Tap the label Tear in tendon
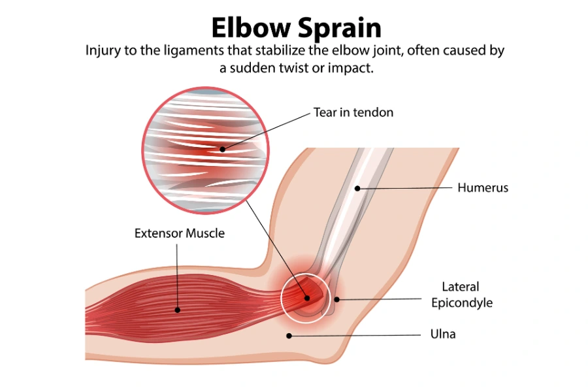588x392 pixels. tap(353, 112)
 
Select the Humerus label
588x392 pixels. tap(483, 188)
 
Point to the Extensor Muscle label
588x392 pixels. tap(180, 233)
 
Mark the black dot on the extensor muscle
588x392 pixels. tap(177, 310)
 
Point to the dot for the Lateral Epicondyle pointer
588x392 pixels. tap(337, 300)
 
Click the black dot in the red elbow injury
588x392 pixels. tap(307, 298)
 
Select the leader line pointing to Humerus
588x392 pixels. tap(405, 188)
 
